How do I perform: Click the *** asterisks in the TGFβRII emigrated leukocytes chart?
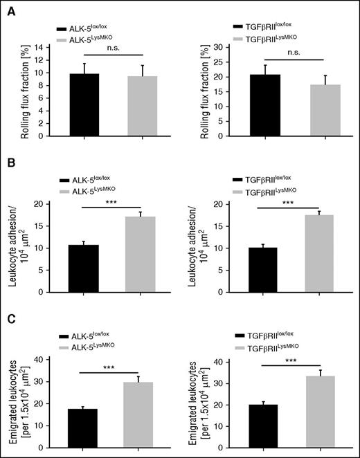click(x=294, y=360)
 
